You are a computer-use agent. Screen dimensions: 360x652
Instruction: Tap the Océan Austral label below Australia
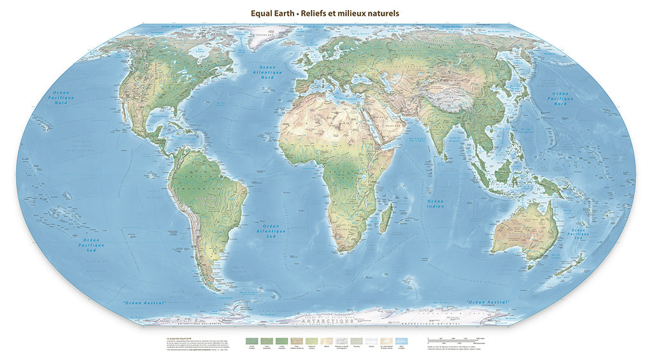pyautogui.click(x=488, y=301)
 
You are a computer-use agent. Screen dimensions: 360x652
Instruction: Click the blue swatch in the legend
pyautogui.click(x=400, y=342)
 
